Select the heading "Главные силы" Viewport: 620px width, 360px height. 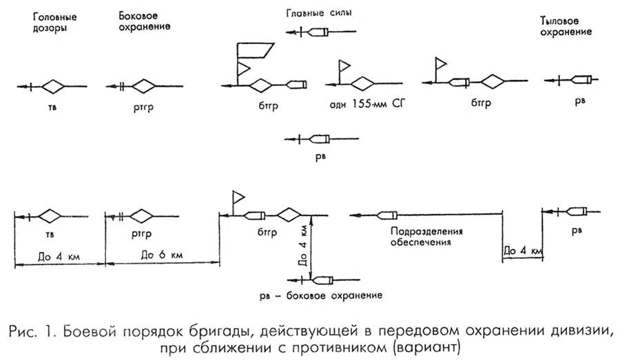316,13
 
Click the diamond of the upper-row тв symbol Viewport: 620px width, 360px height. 53,86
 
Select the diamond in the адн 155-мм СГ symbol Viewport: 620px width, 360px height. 361,83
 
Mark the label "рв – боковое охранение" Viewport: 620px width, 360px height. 320,295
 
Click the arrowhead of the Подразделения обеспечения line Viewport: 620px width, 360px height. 354,215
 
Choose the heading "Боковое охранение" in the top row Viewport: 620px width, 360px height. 144,21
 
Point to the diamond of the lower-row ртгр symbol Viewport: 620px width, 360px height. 143,215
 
